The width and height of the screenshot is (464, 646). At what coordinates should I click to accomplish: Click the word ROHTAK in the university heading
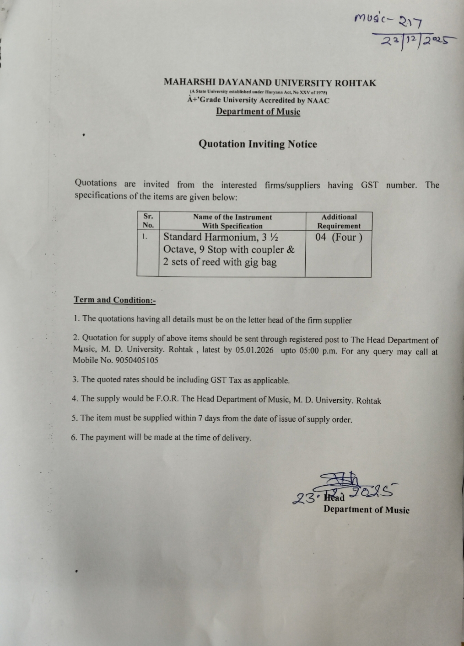click(356, 83)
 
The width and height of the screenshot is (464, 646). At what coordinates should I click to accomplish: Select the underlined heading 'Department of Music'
click(258, 111)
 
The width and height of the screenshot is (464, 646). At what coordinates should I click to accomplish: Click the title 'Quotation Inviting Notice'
click(258, 144)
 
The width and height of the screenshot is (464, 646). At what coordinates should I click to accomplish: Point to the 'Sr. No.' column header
click(148, 221)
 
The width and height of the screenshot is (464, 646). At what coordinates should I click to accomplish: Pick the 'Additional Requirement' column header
click(339, 221)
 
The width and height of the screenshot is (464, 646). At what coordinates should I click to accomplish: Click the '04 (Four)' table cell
click(339, 237)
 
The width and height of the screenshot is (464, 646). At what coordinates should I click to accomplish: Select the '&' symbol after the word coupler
click(291, 250)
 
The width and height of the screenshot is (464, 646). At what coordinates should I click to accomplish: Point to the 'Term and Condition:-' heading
click(115, 300)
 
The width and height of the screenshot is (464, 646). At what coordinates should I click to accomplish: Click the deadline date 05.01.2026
click(254, 350)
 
